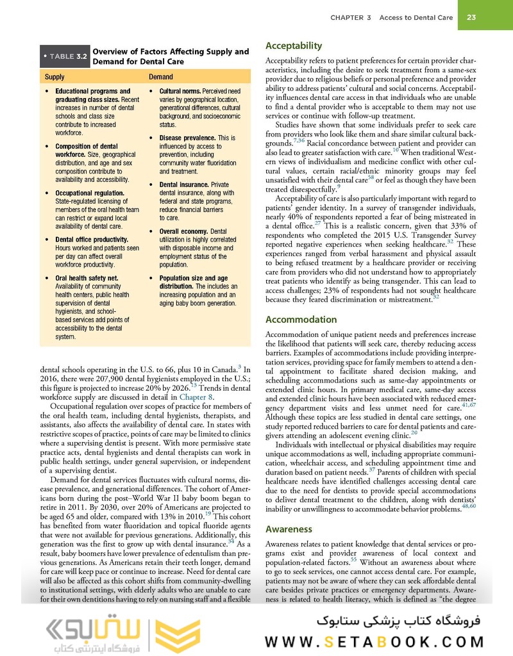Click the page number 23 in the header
tap(470, 18)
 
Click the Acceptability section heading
tap(294, 46)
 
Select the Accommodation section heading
tap(301, 319)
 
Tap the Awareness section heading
tap(289, 529)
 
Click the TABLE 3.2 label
tap(65, 57)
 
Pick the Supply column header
tap(55, 77)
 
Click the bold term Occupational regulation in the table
tap(90, 192)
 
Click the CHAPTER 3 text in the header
tap(351, 18)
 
